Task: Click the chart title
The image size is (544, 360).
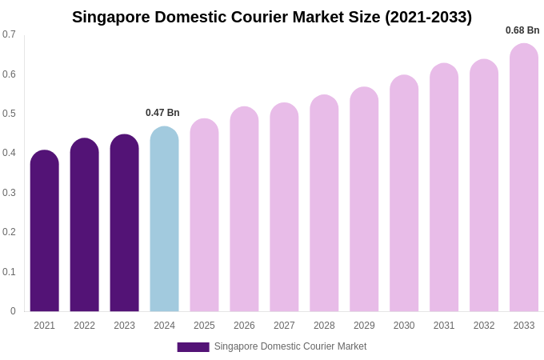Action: point(272,17)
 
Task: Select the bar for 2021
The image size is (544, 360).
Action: point(45,232)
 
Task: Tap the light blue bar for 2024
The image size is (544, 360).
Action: point(164,220)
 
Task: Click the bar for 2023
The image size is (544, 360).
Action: point(124,224)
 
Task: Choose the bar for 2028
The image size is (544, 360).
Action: point(324,204)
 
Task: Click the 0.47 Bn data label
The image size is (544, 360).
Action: point(162,113)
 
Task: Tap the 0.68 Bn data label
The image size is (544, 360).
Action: point(522,30)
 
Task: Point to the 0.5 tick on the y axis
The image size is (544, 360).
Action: point(9,114)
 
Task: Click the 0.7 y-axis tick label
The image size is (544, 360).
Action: point(9,34)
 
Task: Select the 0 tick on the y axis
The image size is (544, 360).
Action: point(13,311)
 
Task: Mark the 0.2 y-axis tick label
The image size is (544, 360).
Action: point(9,232)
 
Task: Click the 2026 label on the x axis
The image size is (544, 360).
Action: point(244,326)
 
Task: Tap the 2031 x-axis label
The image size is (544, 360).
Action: point(444,326)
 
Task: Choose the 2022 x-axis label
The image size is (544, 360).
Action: point(84,326)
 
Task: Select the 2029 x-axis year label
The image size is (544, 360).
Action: point(364,326)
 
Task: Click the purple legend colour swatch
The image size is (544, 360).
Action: point(193,347)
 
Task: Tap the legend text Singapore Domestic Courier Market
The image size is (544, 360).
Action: point(290,346)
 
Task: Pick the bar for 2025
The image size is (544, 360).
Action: point(204,216)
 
